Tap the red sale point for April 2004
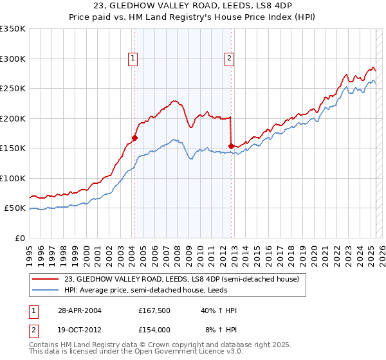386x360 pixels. point(134,137)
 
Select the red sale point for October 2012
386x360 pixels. point(231,145)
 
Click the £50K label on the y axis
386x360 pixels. point(15,208)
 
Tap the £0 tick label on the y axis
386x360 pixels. point(20,238)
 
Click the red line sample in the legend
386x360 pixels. point(46,280)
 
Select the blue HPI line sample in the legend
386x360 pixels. point(46,290)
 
